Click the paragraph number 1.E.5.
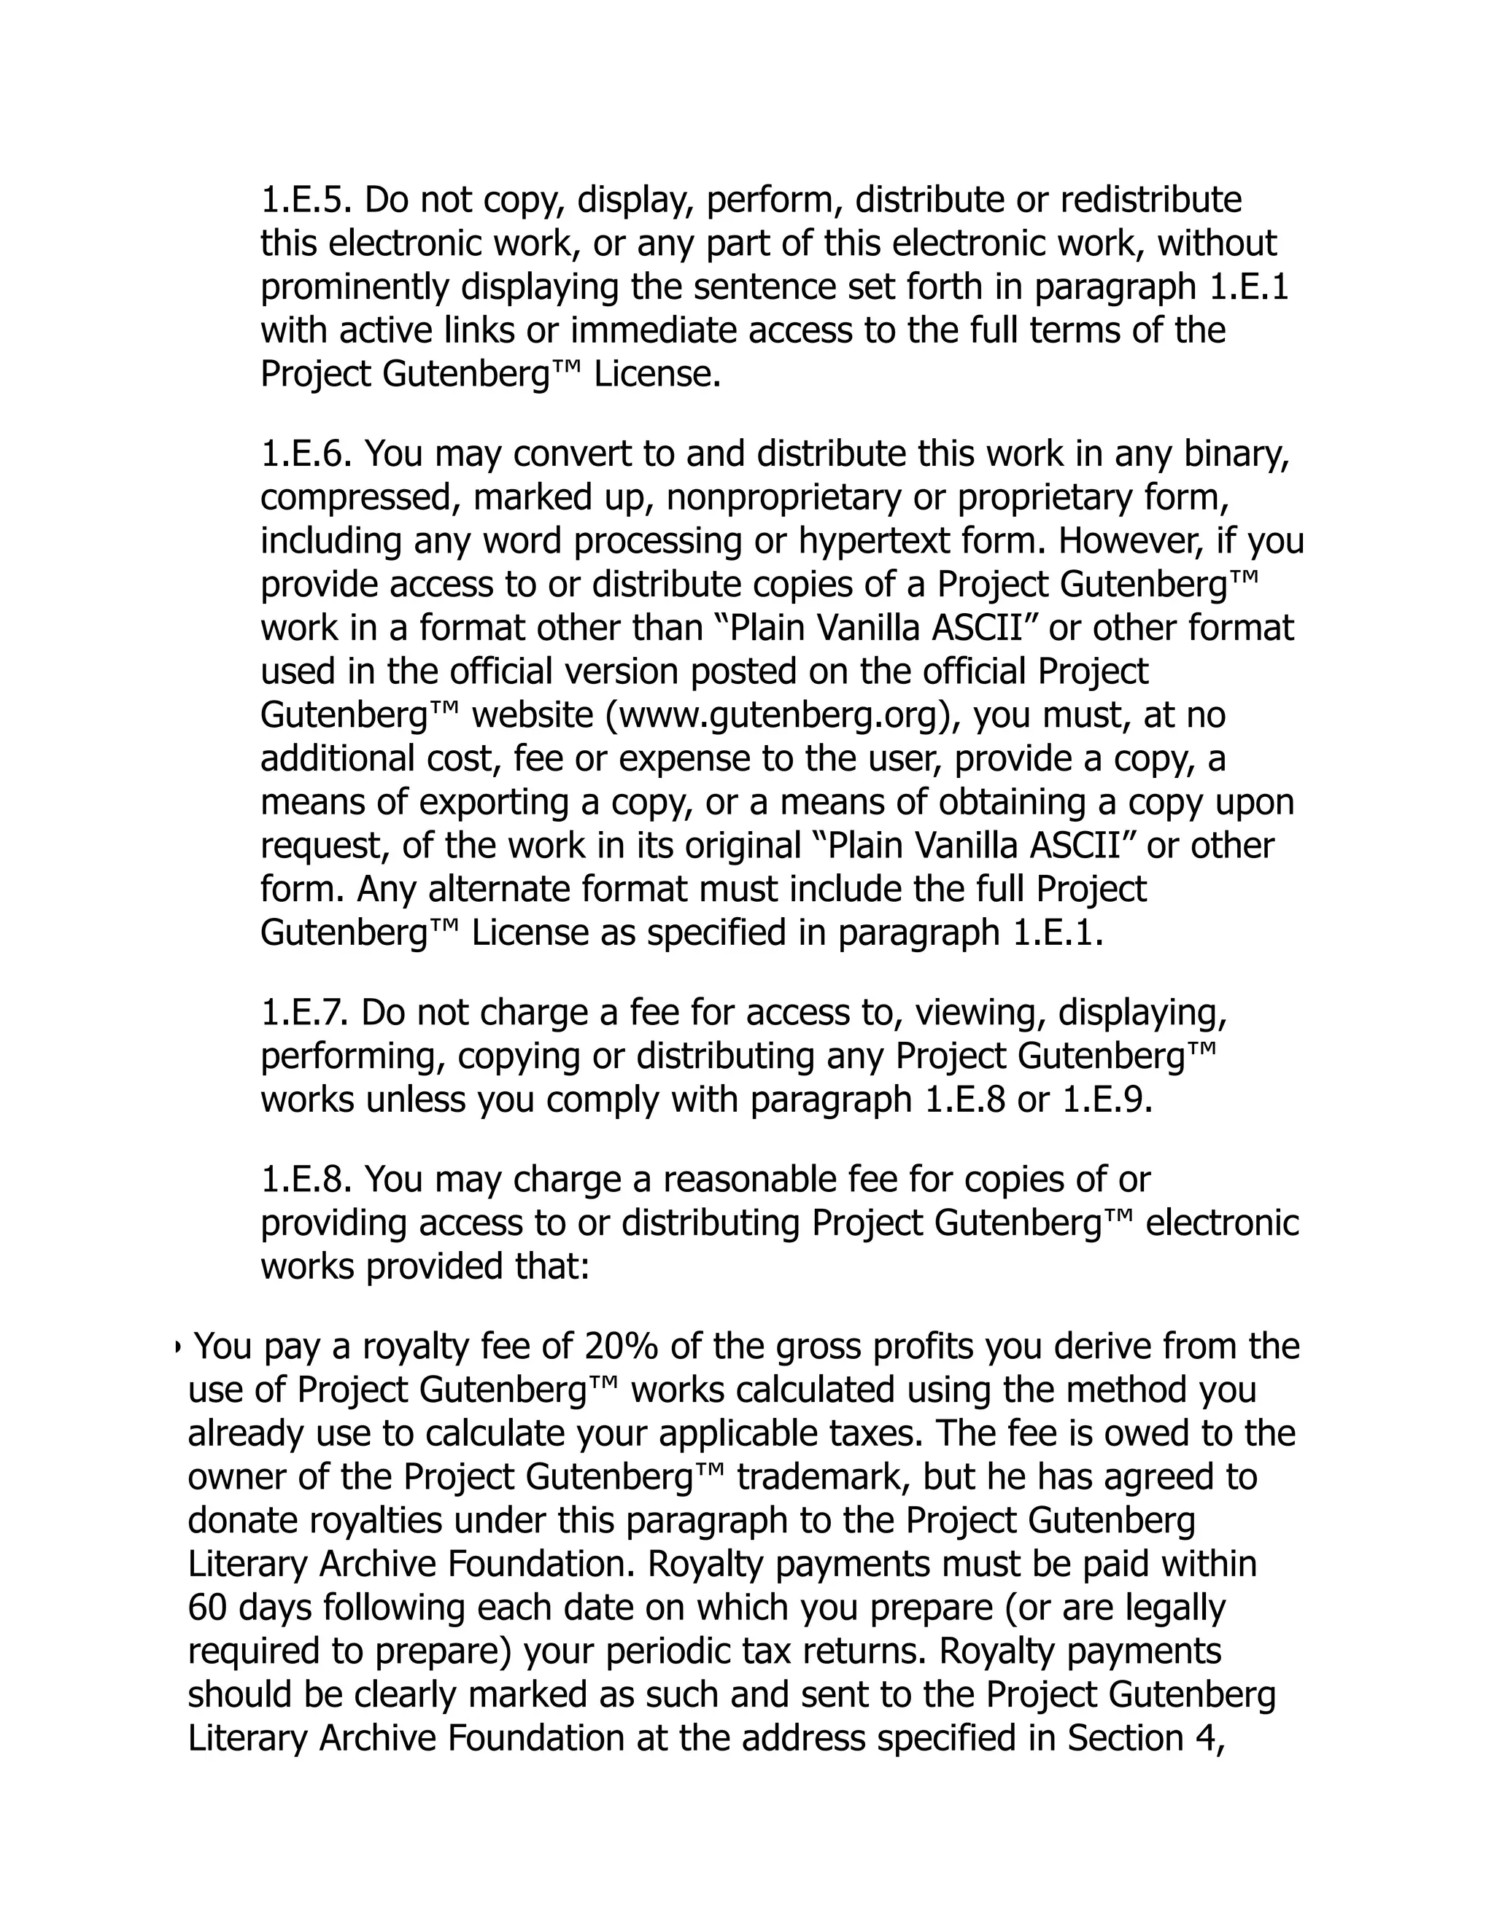point(306,200)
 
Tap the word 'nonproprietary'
point(783,498)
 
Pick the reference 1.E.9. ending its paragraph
point(1107,1100)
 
